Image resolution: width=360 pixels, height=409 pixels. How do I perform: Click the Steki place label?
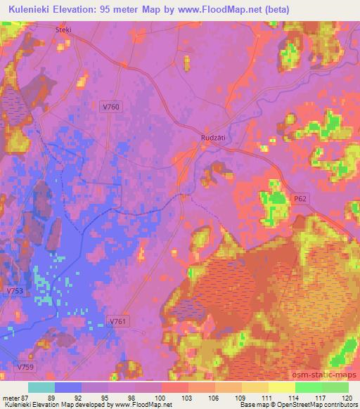pyautogui.click(x=63, y=31)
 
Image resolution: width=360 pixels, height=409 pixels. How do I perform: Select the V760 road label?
pyautogui.click(x=110, y=105)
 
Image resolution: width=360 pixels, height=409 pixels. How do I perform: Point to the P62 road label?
pyautogui.click(x=300, y=200)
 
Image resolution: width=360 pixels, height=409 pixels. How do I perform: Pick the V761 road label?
pyautogui.click(x=119, y=321)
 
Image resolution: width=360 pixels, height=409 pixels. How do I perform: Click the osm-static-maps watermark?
pyautogui.click(x=330, y=375)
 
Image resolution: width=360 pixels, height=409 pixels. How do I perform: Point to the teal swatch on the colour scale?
pyautogui.click(x=41, y=387)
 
